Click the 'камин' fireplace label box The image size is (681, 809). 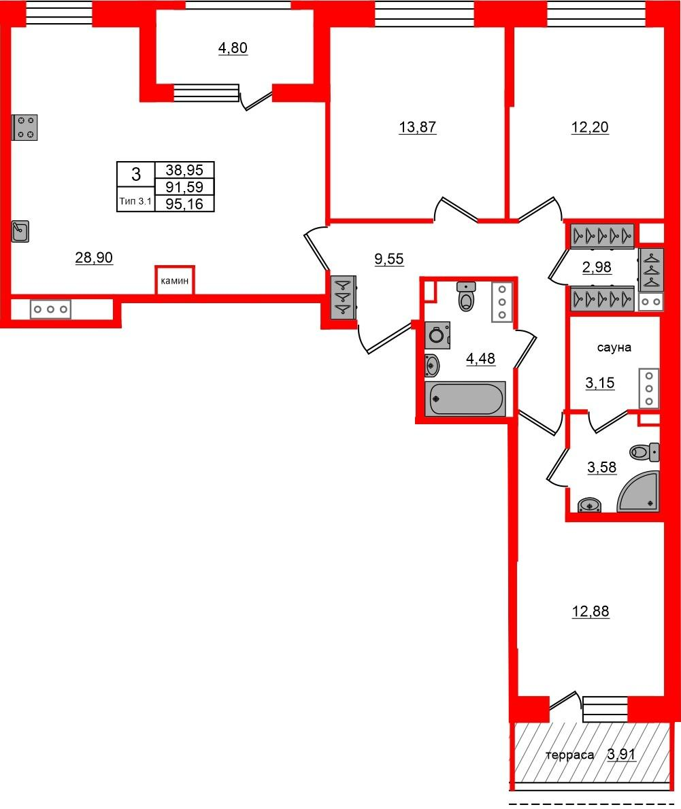click(175, 281)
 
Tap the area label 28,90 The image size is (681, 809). click(94, 258)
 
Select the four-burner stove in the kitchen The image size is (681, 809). click(24, 127)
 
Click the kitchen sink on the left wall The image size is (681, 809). click(20, 232)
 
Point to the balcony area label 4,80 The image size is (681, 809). click(233, 48)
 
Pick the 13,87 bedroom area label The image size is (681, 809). click(418, 127)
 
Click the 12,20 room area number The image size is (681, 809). click(590, 127)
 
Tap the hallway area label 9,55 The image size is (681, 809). click(389, 259)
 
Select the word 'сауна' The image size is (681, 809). click(614, 348)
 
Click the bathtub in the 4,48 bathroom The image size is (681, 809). click(465, 398)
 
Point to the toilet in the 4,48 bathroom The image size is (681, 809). click(466, 296)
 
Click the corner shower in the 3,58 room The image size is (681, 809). click(638, 491)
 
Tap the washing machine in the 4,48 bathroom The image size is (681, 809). click(437, 335)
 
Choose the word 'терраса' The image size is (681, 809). click(570, 755)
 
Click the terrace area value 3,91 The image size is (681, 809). click(622, 755)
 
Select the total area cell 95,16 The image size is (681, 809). click(184, 204)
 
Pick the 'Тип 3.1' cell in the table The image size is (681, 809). click(136, 201)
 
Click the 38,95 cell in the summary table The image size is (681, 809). click(184, 170)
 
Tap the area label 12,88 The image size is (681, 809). click(591, 611)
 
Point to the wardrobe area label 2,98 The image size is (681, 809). click(597, 267)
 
